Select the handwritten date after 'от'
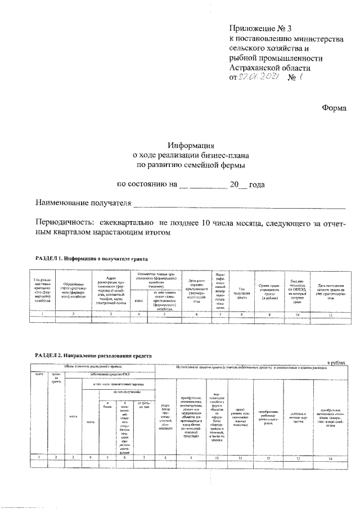click(x=258, y=78)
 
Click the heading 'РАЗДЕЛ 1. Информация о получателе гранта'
click(x=91, y=259)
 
